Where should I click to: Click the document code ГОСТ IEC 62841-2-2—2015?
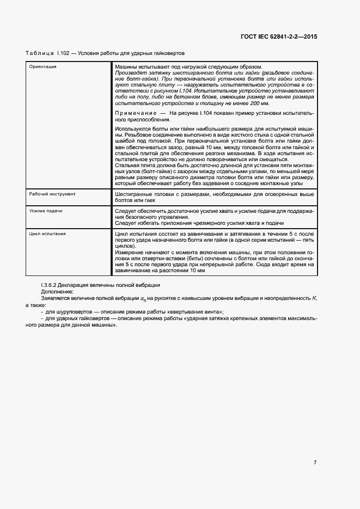(278, 36)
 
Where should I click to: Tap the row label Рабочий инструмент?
(52, 194)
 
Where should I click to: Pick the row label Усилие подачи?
(45, 210)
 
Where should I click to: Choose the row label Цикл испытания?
(47, 234)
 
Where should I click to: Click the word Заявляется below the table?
(57, 298)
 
